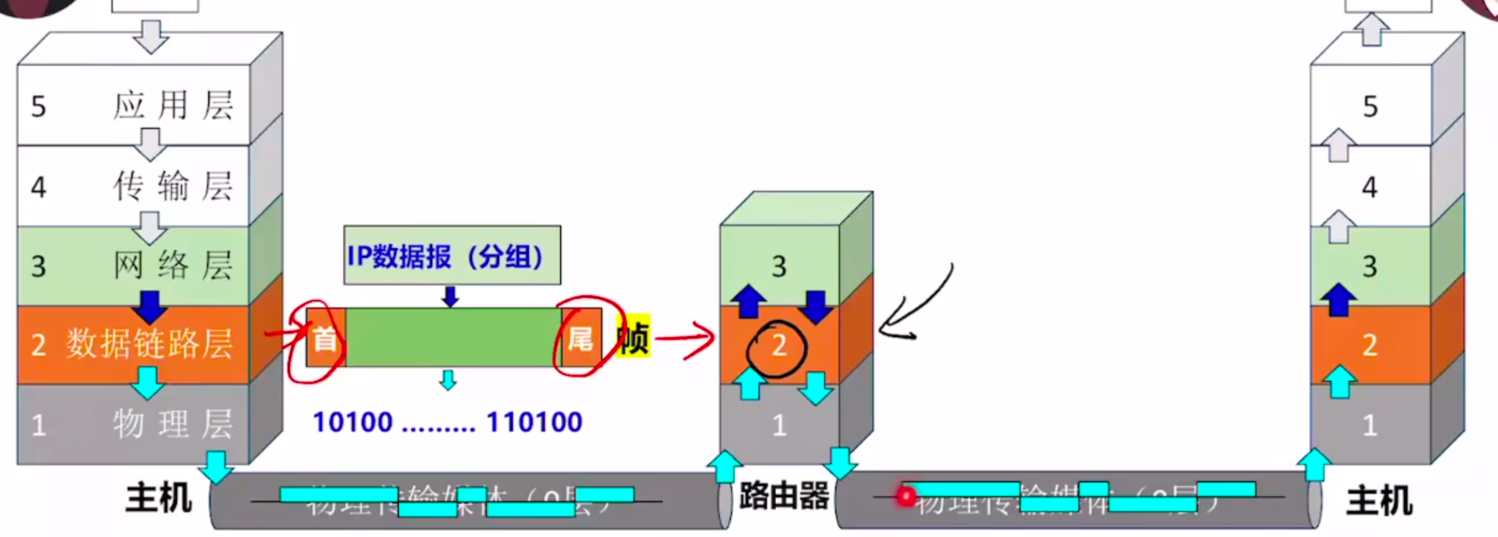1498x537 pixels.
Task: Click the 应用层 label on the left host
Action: coord(173,105)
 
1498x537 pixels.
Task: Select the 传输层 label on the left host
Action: coord(173,186)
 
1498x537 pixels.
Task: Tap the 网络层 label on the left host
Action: coord(173,265)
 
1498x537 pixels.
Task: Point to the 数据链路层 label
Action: coord(149,344)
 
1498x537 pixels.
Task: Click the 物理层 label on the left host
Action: coord(173,425)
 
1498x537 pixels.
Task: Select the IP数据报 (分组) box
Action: coord(452,255)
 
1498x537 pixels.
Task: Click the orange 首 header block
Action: coord(325,339)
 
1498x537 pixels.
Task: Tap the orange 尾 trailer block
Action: coord(580,339)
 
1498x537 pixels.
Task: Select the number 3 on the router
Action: coord(779,267)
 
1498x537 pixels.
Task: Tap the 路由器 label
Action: coord(784,497)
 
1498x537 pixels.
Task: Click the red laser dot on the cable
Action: coord(906,496)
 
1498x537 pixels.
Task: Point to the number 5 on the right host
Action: coord(1370,107)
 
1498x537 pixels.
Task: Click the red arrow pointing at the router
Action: coord(685,339)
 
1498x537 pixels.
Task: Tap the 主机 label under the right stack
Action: coord(1379,501)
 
